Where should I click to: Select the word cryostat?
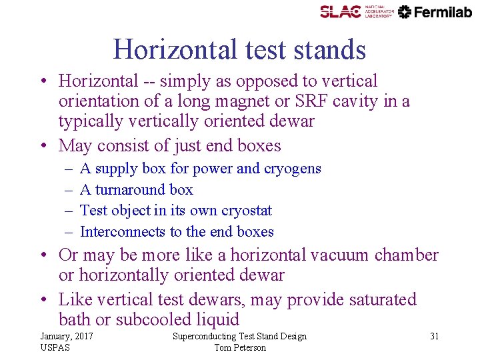245,211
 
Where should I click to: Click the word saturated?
377,300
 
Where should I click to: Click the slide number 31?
434,337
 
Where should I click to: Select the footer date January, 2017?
66,337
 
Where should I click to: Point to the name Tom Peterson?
240,347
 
